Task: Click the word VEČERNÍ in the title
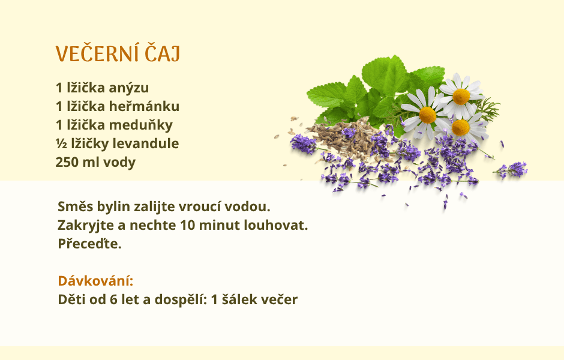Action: [97, 53]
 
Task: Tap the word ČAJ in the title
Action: [162, 53]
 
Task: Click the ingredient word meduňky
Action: [140, 125]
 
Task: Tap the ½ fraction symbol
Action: [61, 143]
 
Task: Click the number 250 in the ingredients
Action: [67, 162]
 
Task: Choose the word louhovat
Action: [276, 225]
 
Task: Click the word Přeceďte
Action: [89, 244]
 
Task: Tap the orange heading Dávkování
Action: [95, 281]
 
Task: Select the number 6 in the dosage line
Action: [113, 299]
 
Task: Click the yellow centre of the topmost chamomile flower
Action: [461, 97]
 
